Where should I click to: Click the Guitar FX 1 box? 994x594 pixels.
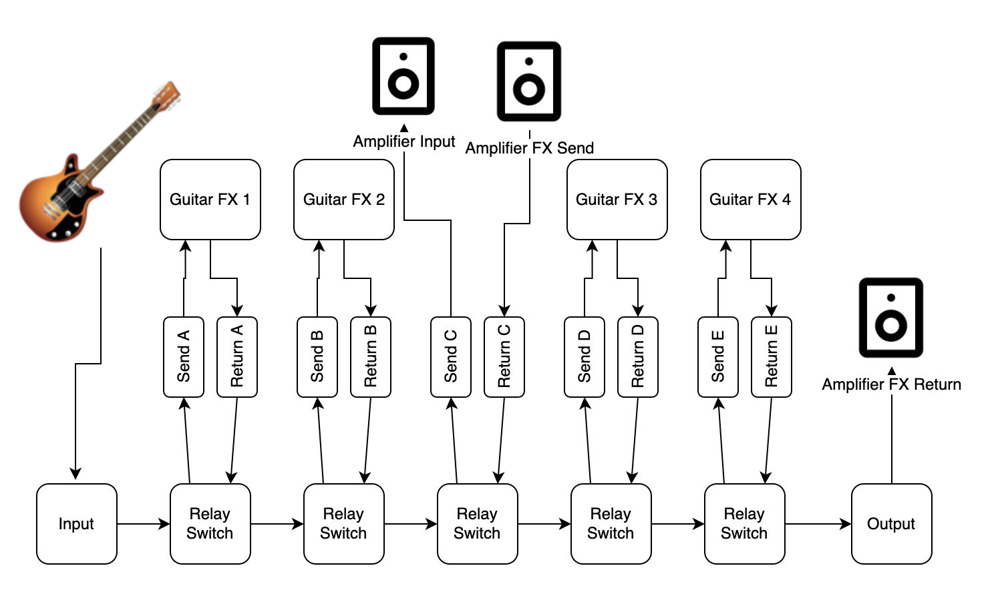click(210, 200)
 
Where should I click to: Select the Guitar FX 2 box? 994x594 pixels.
click(343, 200)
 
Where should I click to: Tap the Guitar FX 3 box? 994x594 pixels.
click(617, 200)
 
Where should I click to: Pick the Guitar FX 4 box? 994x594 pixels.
click(750, 200)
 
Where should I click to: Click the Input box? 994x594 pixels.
click(76, 524)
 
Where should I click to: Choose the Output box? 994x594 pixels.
click(891, 524)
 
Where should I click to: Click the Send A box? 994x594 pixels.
click(184, 357)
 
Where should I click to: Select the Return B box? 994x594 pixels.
click(371, 357)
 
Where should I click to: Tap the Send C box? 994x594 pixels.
click(451, 357)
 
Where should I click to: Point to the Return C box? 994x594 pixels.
click(504, 357)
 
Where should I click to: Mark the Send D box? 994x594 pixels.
click(585, 357)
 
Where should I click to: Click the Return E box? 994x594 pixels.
click(772, 357)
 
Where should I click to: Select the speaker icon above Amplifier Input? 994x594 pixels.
click(403, 76)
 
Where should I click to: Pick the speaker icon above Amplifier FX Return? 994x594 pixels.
click(891, 318)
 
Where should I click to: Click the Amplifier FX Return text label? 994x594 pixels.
click(891, 384)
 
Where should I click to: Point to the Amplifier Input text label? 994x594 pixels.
click(403, 141)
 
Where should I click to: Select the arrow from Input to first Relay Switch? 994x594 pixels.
click(143, 524)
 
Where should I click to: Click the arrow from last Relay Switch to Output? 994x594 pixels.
click(818, 524)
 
